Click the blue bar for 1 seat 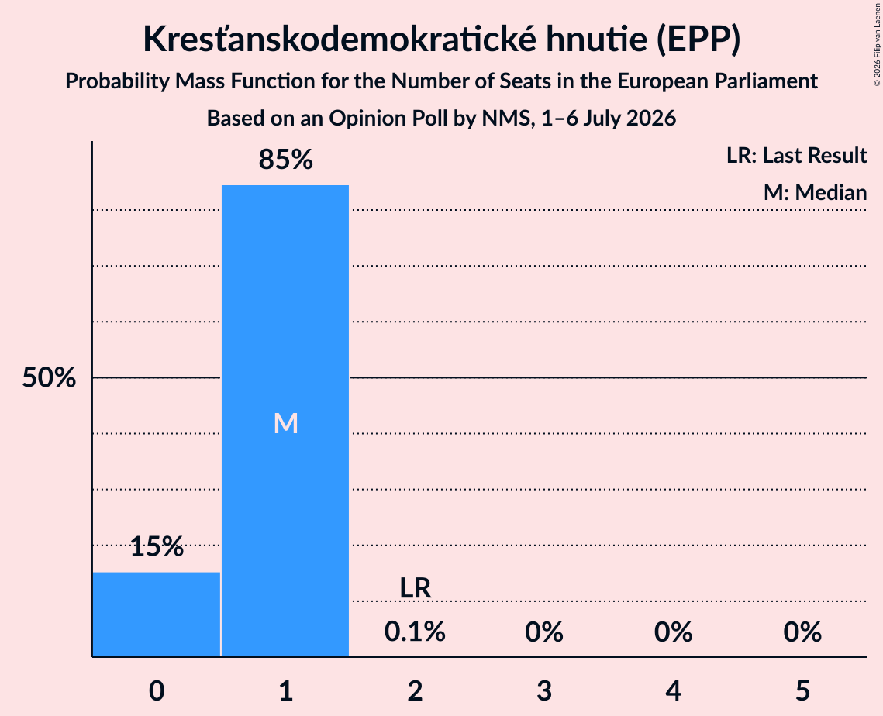point(285,421)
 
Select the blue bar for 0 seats point(156,614)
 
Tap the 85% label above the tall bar point(285,160)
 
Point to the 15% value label point(157,546)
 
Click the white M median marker point(285,423)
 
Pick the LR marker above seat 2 point(415,588)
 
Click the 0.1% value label point(415,632)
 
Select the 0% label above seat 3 point(544,632)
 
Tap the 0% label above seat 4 point(673,632)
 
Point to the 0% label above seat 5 point(802,632)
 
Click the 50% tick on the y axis point(49,377)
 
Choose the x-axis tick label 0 point(157,690)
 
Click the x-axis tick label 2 point(415,690)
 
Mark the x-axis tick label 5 point(802,690)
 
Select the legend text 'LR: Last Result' point(796,155)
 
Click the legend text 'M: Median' point(815,192)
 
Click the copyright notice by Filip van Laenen point(877,44)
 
